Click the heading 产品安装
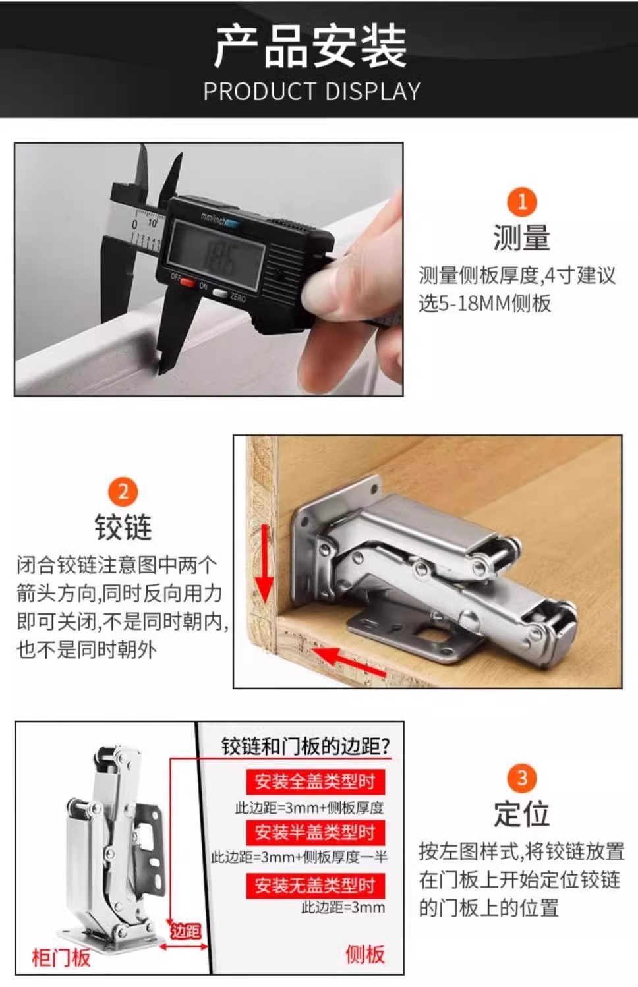click(x=310, y=45)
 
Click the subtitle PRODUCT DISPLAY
click(x=312, y=92)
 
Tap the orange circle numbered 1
click(x=521, y=202)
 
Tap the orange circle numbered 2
click(x=123, y=492)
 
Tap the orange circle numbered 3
click(x=521, y=778)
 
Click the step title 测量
click(x=521, y=238)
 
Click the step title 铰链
click(x=123, y=528)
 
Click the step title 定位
click(x=521, y=814)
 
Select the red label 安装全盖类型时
click(x=314, y=782)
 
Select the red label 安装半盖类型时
click(x=314, y=832)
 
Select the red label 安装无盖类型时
click(x=314, y=886)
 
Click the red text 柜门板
click(x=61, y=957)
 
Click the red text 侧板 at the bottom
click(x=364, y=953)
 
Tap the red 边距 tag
click(x=185, y=931)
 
